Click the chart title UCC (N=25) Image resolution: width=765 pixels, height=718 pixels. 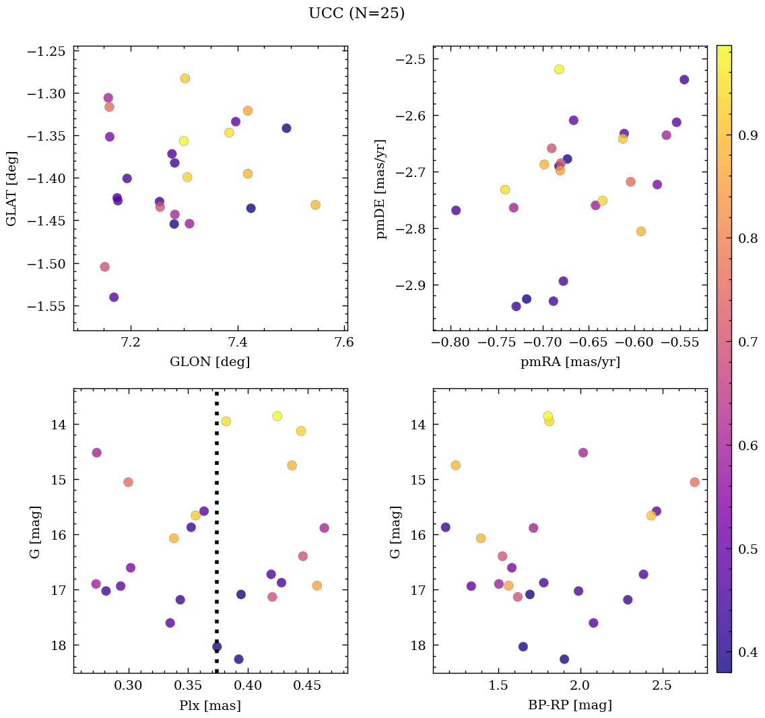click(x=356, y=13)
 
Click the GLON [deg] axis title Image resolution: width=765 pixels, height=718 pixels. click(x=210, y=362)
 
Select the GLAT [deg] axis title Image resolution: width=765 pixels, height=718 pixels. click(x=11, y=188)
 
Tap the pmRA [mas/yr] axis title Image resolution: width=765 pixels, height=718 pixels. click(x=570, y=362)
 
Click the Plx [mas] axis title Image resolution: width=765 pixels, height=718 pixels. click(x=210, y=705)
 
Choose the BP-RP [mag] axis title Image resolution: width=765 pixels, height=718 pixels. click(x=570, y=705)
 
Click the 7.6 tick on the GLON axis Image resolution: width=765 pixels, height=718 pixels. click(x=345, y=343)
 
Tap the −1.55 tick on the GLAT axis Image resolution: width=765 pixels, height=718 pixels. click(x=46, y=306)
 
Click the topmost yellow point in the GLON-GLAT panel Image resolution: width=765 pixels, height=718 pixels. click(x=185, y=79)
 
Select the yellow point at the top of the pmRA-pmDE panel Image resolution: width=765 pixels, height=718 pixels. click(x=559, y=69)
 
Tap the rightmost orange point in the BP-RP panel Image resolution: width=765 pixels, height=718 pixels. click(x=694, y=482)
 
